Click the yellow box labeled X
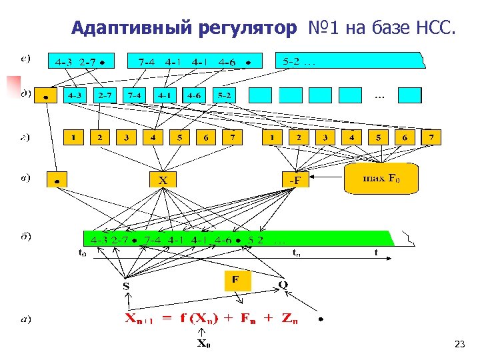coord(163,179)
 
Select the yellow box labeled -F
coord(294,179)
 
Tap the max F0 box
coord(380,179)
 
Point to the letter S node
coord(125,287)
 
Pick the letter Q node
coord(283,285)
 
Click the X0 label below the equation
coord(203,344)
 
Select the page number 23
coord(459,344)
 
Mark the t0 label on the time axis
coord(82,253)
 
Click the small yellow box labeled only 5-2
coord(224,95)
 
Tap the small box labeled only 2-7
coord(103,95)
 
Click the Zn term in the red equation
coord(290,319)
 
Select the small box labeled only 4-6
coord(193,95)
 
